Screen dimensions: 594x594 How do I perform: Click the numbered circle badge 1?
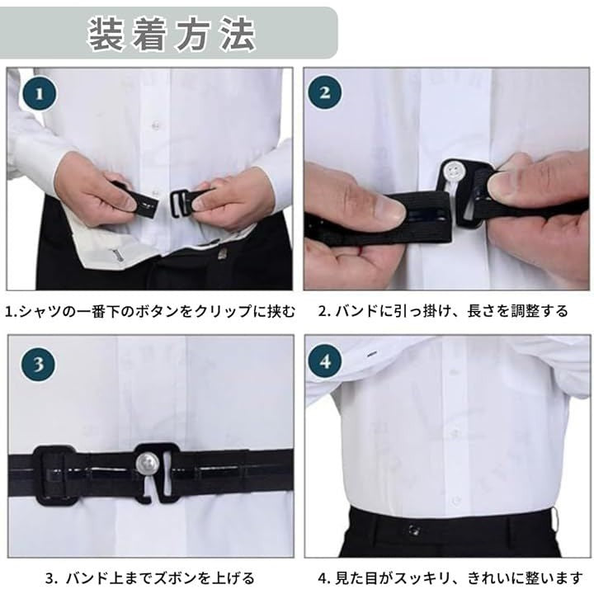40,93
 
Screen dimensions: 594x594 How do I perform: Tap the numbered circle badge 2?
325,92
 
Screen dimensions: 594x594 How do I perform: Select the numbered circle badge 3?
38,364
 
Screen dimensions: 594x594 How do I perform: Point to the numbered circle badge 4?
325,362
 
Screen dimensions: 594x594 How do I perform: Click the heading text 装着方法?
172,34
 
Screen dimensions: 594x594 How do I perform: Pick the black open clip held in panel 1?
181,203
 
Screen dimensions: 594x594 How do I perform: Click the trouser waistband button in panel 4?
413,529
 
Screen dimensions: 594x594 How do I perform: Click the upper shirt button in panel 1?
154,125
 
